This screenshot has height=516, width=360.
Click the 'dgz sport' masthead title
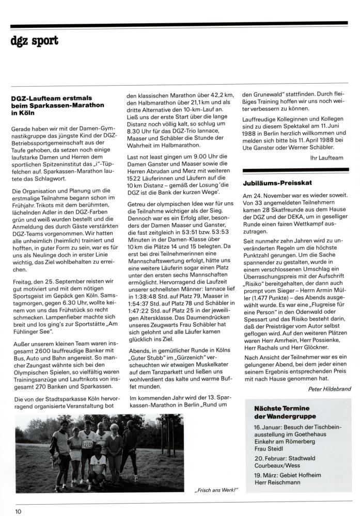35,40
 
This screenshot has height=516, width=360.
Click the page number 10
19,511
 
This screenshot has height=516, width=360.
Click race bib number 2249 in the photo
88,444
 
